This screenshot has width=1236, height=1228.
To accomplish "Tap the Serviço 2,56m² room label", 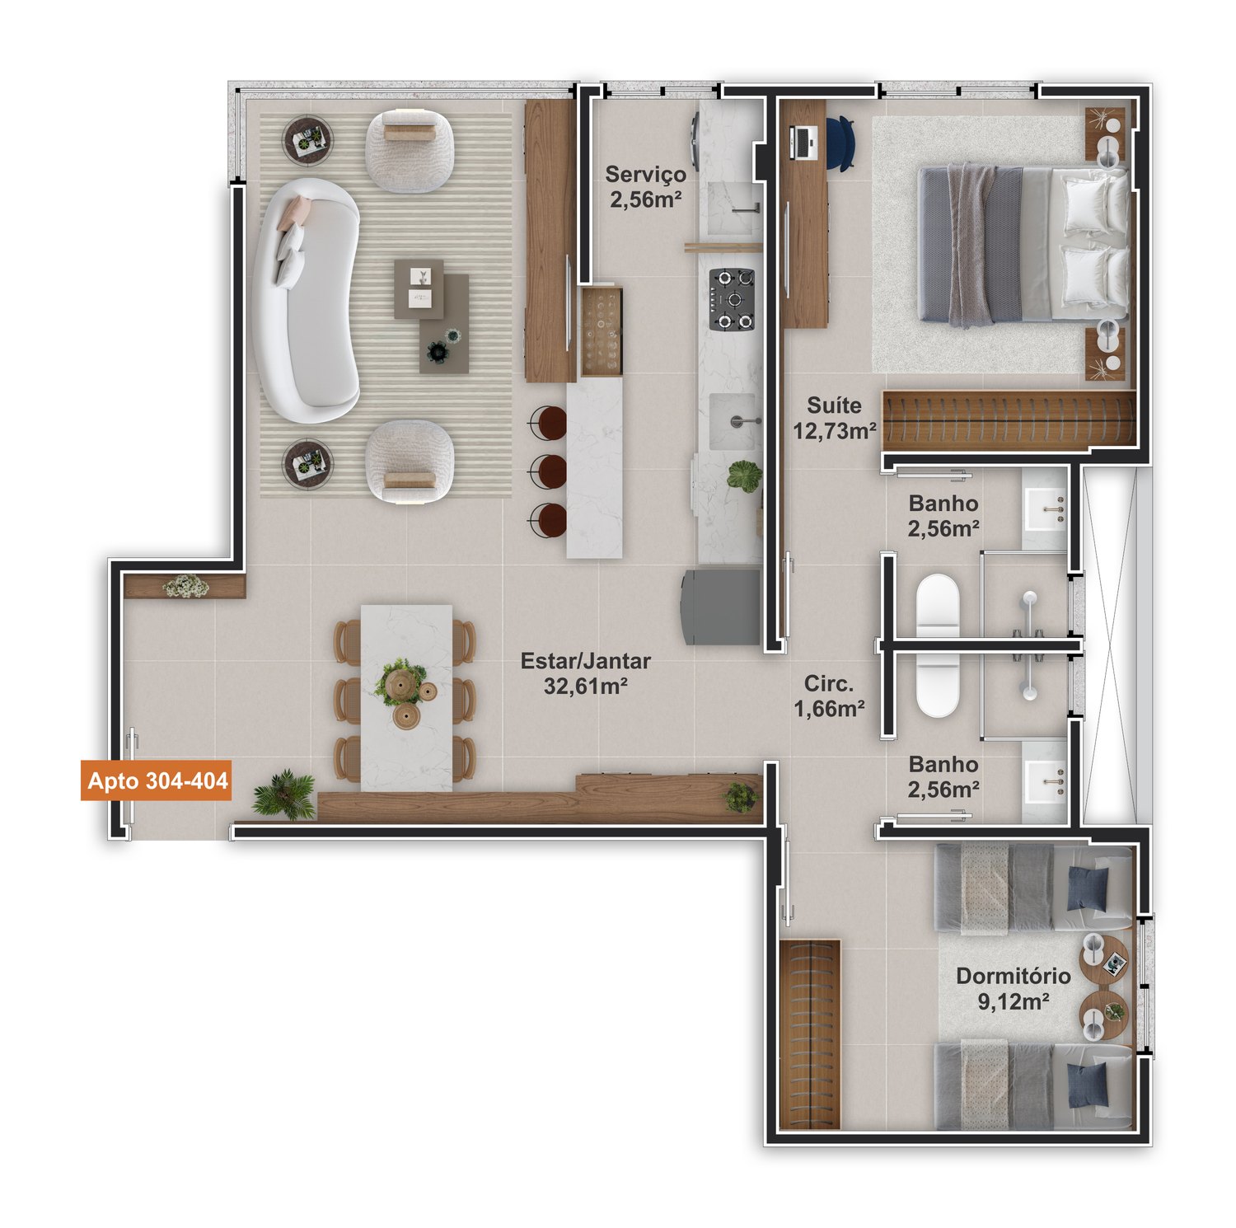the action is [645, 186].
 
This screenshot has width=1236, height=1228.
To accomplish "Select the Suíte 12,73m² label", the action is [834, 418].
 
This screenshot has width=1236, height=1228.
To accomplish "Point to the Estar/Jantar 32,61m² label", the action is [585, 673].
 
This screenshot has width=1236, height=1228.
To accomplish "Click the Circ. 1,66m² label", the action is [829, 696].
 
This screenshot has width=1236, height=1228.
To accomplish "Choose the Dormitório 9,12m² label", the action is [1014, 988].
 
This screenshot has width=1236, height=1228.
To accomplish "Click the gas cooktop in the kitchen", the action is [732, 299].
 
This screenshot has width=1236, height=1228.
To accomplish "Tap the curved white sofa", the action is [306, 300].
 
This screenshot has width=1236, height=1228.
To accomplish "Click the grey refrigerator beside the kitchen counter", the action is [720, 607].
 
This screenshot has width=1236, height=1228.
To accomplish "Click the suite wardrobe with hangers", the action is [1009, 420].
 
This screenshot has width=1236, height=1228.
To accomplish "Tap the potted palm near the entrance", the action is [284, 794].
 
